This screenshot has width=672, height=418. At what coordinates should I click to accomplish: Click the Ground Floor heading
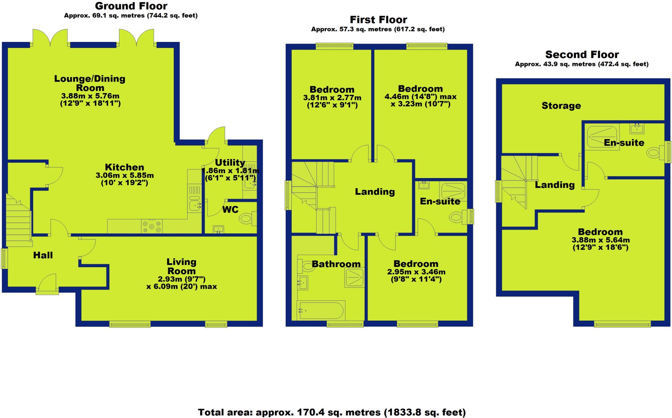(x=131, y=6)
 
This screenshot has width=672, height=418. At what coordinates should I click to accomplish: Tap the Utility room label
(x=230, y=163)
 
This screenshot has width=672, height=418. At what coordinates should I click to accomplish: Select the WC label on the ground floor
(x=230, y=209)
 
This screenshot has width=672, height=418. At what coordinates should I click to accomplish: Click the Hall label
(x=43, y=255)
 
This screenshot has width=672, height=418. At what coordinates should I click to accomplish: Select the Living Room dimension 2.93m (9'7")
(x=181, y=279)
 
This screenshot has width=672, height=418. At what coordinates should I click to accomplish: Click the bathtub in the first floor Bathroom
(x=321, y=310)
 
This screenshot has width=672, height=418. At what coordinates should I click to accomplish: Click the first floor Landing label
(x=375, y=192)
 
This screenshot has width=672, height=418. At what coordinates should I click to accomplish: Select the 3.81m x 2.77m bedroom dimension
(x=332, y=98)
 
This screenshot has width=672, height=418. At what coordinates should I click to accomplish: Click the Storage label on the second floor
(x=561, y=106)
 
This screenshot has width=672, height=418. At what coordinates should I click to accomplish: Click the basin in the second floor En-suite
(x=637, y=129)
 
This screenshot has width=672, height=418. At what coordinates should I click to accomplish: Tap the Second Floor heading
(x=582, y=54)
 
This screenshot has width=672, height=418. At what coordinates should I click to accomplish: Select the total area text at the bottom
(x=332, y=412)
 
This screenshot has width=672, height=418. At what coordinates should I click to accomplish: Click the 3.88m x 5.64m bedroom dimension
(x=600, y=240)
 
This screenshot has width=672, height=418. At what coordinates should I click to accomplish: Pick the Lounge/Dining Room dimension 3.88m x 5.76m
(x=90, y=96)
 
